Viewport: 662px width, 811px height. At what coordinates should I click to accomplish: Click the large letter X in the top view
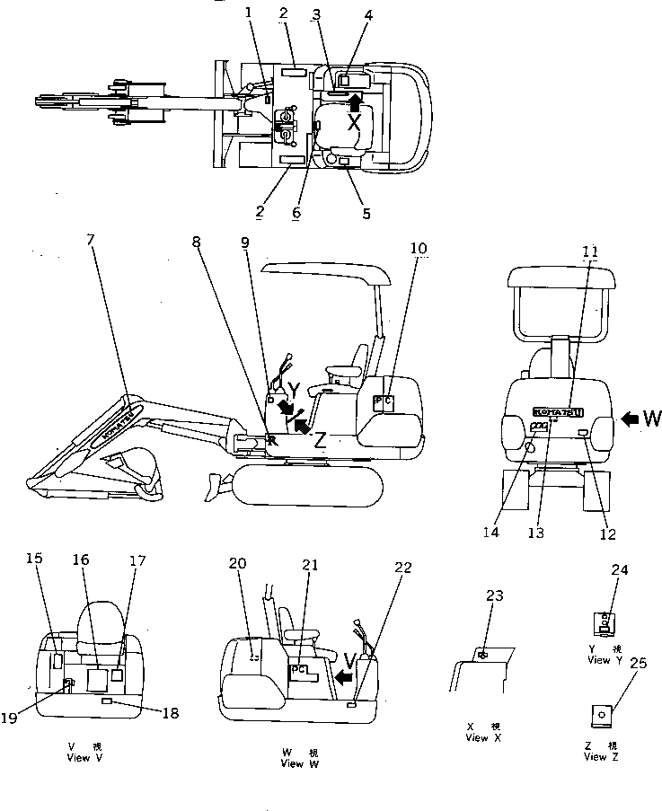pos(355,123)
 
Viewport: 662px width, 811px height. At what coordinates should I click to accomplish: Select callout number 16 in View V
pos(81,560)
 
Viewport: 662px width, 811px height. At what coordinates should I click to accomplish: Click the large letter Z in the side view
pos(320,439)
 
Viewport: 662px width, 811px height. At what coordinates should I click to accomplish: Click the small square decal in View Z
pos(601,716)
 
